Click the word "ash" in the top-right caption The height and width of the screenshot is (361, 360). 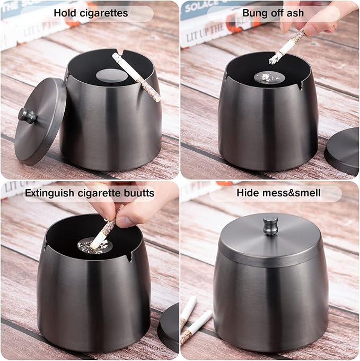pos(295,13)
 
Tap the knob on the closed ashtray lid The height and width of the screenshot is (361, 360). pos(270,226)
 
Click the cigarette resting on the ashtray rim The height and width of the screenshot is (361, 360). pos(136,76)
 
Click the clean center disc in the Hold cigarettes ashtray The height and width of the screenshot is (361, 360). pos(111,76)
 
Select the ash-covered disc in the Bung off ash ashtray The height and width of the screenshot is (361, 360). pos(269,78)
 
